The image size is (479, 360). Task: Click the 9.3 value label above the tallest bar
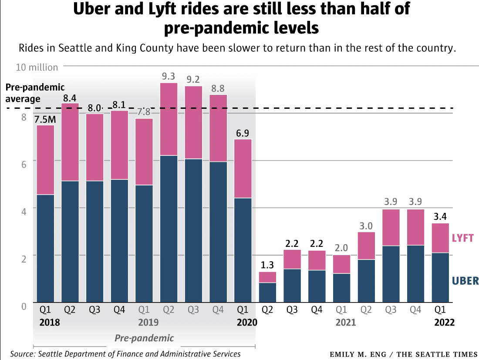pos(169,77)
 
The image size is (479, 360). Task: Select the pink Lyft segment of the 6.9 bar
pos(243,168)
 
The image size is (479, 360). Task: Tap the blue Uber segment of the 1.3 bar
pos(267,293)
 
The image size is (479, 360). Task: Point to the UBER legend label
pos(465,281)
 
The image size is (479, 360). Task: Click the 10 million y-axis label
pos(37,67)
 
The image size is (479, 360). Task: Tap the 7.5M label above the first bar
pos(45,119)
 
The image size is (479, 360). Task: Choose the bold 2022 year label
pos(444,323)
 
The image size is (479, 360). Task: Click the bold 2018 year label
pos(49,323)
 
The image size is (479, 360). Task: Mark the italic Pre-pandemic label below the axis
pos(144,338)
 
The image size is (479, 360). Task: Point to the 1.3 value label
pos(267,265)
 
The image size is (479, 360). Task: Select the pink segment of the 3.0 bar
pos(367,246)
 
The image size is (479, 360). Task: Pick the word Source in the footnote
pos(22,354)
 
